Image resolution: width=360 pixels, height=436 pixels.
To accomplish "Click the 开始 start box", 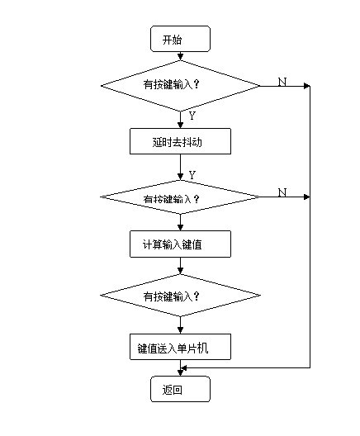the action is coord(180,39).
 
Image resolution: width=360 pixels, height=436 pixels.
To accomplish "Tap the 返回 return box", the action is coord(180,389).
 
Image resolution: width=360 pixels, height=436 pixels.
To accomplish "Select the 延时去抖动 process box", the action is coord(180,141).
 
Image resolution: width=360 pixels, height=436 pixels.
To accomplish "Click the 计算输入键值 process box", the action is coord(180,244).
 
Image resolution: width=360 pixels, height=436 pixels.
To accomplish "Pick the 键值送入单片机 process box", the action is coord(180,347).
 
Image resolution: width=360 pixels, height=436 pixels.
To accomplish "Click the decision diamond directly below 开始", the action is coord(180,86).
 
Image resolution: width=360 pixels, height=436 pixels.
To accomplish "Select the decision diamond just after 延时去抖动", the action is coord(180,197).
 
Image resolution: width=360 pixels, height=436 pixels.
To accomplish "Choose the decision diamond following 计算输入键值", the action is coord(180,296).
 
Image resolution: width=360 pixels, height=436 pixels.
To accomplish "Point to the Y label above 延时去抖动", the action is coord(192,116).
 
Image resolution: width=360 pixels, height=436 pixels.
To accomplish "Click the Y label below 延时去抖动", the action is coord(192,175).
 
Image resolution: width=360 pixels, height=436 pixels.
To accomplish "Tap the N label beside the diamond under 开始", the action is coord(282,82).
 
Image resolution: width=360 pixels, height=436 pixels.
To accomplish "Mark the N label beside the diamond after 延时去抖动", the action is coord(282,192).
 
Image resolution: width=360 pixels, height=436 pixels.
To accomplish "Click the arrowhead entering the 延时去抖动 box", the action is coord(181,125).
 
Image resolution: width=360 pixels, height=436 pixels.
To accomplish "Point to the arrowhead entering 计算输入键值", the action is coord(181,227).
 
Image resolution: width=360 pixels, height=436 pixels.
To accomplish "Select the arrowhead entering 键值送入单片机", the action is coord(181,330).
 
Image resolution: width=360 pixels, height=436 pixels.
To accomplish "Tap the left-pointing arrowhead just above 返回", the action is coord(184,367).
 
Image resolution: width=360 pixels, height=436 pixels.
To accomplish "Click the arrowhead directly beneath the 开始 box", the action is coord(181,57).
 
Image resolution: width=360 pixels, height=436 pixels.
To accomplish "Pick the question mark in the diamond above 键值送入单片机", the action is coord(197,296).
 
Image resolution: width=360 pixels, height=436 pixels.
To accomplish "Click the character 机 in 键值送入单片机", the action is coord(202,348).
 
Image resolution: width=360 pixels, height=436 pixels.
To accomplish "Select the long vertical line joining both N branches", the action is coord(310,227).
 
